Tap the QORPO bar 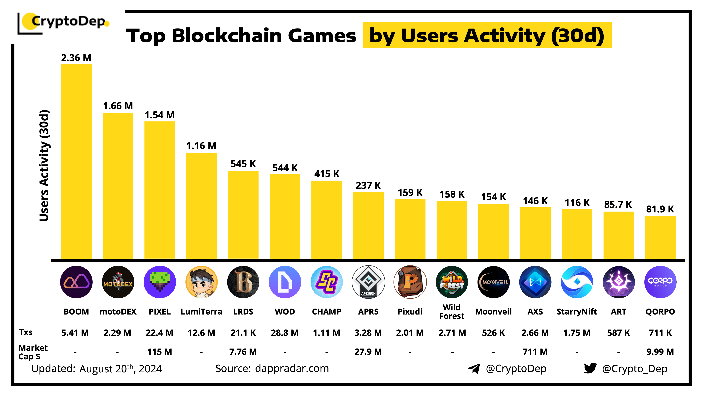660,237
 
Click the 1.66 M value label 118,106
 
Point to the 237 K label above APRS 368,186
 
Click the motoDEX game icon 118,282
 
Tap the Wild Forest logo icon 452,282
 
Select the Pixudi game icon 410,282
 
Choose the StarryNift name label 577,312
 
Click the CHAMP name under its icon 326,312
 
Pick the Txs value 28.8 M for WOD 285,333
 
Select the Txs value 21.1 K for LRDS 243,333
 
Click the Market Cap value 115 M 160,352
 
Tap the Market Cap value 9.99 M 660,352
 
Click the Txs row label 26,332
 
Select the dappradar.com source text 292,368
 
